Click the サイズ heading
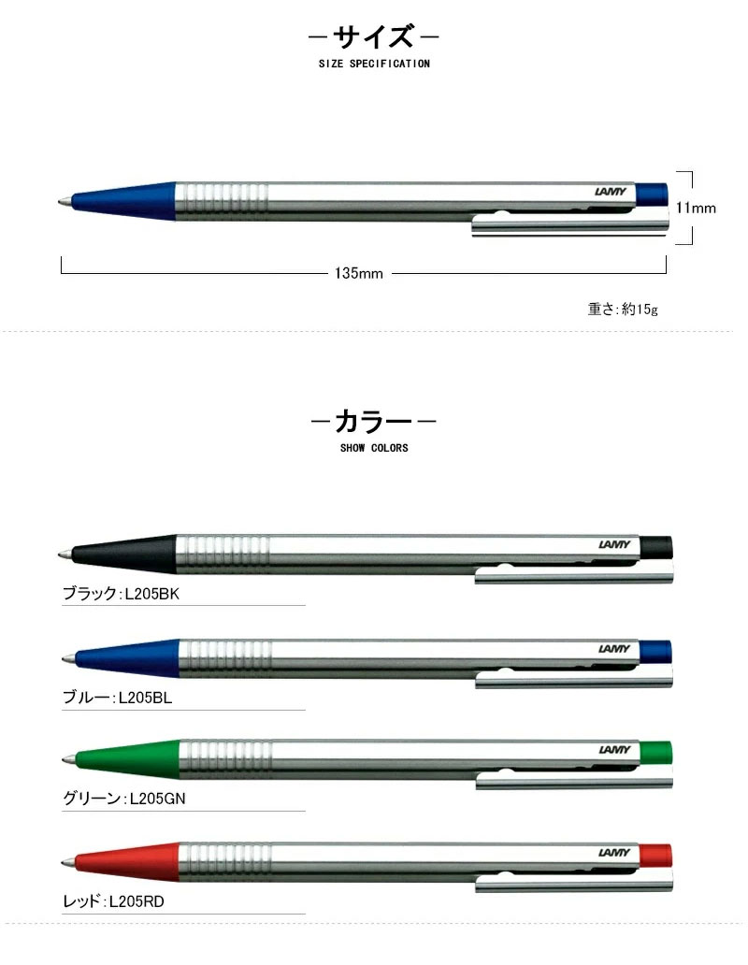pos(374,38)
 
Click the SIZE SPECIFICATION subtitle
pos(373,65)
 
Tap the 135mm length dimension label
pos(359,274)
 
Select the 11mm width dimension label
pos(698,208)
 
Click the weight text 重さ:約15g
pos(623,309)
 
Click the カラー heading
pos(373,422)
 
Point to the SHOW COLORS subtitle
pos(374,448)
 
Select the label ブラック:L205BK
pos(119,593)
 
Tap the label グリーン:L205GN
pos(121,798)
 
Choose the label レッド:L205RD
pos(113,902)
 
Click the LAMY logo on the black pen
pos(614,545)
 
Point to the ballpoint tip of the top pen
pos(63,201)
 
